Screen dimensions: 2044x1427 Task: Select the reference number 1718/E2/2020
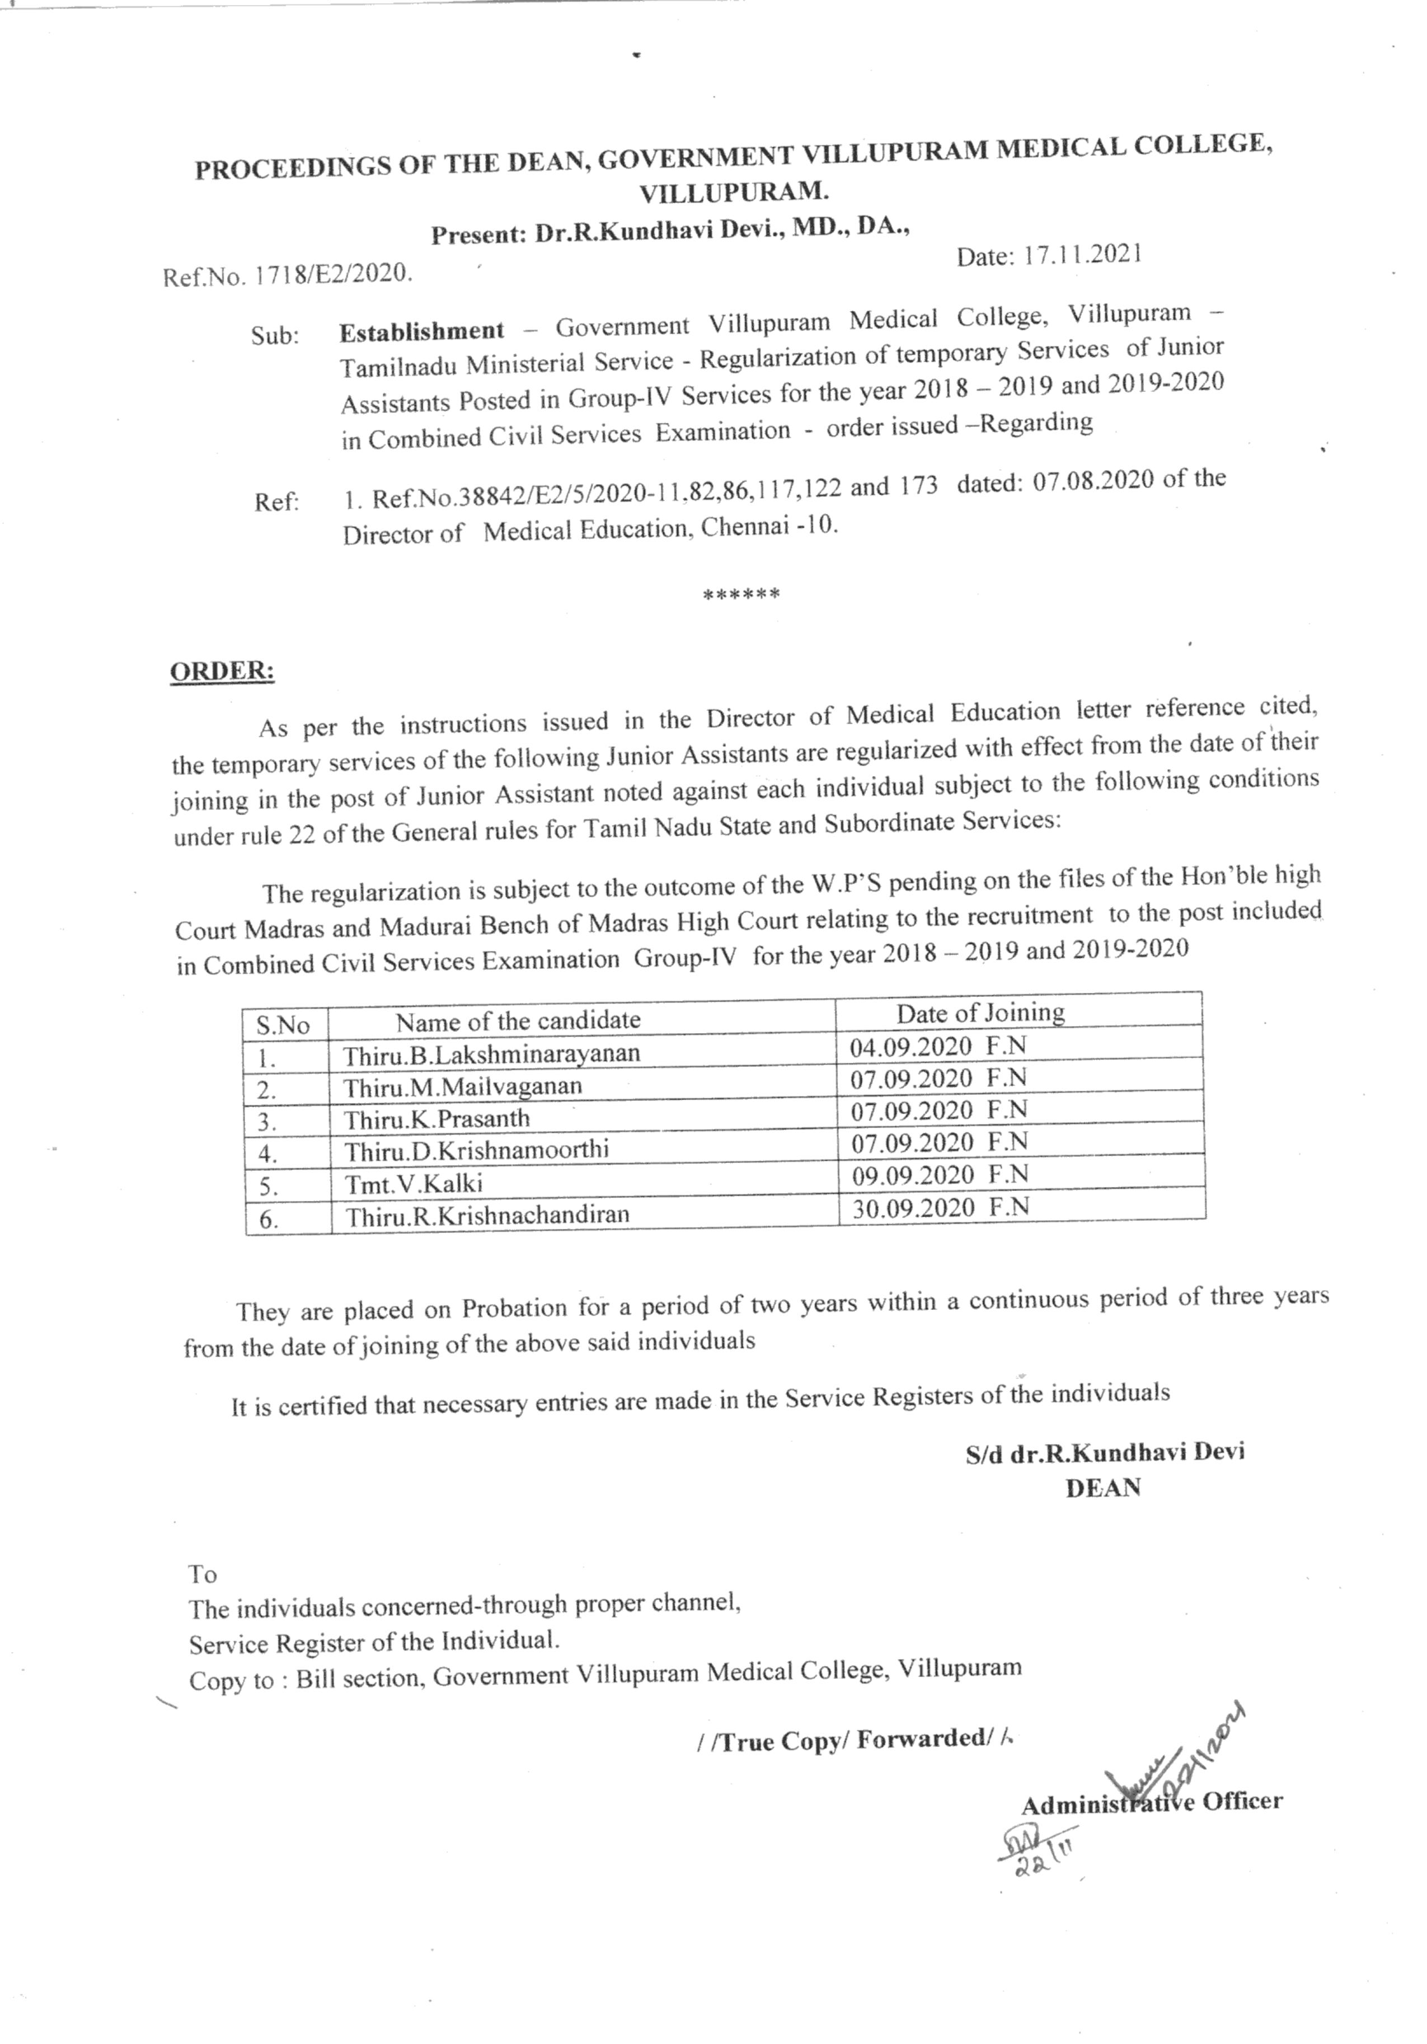pos(331,273)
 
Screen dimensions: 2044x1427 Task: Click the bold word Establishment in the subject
pos(421,331)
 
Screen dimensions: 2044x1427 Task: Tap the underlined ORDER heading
pos(222,671)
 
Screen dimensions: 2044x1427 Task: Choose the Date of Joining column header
pos(980,1013)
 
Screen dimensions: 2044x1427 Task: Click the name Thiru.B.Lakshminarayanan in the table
pos(491,1054)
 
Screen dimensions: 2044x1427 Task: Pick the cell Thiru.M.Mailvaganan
pos(463,1087)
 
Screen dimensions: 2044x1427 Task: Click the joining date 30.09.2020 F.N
pos(940,1207)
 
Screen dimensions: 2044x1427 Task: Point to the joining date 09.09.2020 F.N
pos(939,1175)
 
